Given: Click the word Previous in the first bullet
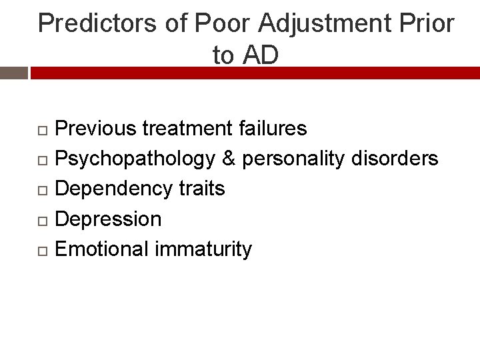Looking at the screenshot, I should pos(97,128).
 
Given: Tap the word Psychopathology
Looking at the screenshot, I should pos(135,159).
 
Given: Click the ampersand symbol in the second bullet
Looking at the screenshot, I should pos(229,159).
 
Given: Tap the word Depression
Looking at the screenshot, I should pos(108,219).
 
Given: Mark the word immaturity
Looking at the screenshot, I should pos(203,249).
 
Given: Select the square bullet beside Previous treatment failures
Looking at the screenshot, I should pos(41,129).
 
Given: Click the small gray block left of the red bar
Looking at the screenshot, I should pos(13,73).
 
